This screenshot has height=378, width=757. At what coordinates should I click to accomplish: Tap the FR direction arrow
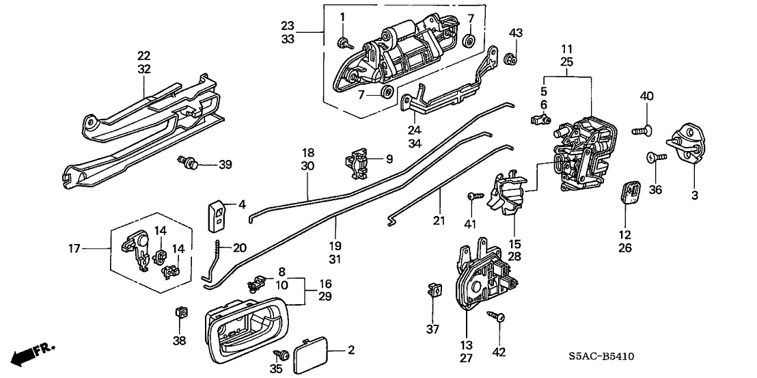(x=34, y=353)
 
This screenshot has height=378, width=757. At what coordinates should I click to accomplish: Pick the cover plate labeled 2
(x=309, y=357)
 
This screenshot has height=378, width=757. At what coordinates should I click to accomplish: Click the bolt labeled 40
(x=642, y=127)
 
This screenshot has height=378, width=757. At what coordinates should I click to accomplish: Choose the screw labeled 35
(x=279, y=353)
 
